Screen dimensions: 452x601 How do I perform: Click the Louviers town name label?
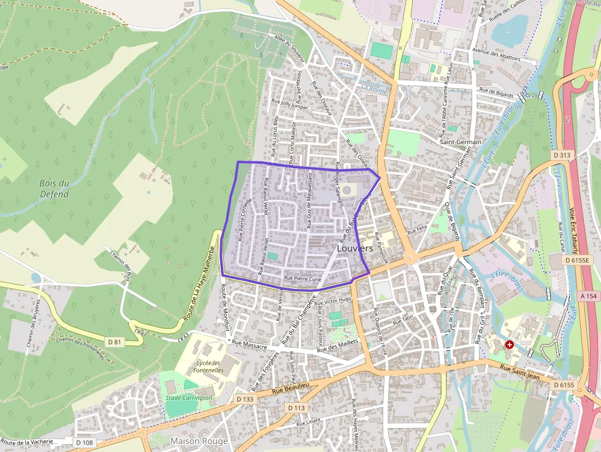coord(355,248)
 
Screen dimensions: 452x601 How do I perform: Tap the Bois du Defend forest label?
coord(54,189)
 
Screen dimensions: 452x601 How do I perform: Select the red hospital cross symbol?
coord(509,345)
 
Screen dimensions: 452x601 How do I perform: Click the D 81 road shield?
coord(114,342)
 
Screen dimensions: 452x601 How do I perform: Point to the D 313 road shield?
coord(562,156)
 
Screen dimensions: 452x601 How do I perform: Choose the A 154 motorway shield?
coord(588,296)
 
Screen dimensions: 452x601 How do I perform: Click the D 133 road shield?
coord(244,399)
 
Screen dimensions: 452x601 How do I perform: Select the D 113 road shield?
coord(296,408)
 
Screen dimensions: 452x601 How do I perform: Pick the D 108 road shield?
coord(84,442)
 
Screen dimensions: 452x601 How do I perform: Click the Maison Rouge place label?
coord(199,441)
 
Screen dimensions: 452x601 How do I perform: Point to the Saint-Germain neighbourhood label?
coord(461,142)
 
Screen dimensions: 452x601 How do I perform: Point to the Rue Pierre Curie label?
coord(301,279)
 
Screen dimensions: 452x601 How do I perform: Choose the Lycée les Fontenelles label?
coord(208,366)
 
